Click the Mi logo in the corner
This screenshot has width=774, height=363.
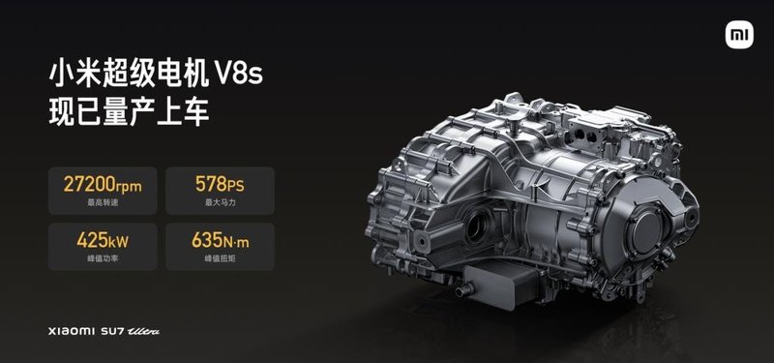[x=739, y=35]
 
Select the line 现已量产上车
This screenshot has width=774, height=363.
[x=129, y=111]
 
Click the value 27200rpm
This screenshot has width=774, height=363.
[x=103, y=185]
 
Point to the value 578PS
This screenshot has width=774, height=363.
[x=220, y=185]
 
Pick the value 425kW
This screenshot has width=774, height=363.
[x=103, y=241]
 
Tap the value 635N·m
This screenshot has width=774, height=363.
[x=221, y=241]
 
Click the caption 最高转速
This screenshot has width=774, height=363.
[x=103, y=202]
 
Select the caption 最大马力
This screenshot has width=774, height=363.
[x=221, y=202]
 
